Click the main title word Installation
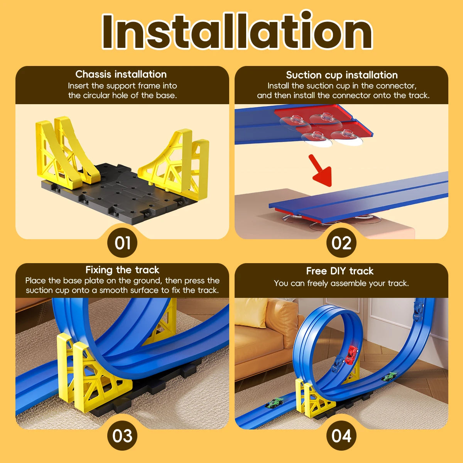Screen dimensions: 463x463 point(237,30)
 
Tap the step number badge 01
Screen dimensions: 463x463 point(122,243)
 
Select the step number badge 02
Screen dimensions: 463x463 point(341,243)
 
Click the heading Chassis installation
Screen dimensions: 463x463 point(121,74)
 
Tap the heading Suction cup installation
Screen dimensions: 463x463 point(342,75)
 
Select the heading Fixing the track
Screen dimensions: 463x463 point(122,270)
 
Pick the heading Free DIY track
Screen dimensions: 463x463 point(340,271)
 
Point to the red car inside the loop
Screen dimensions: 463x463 point(351,355)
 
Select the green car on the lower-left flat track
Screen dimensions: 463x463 point(274,402)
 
